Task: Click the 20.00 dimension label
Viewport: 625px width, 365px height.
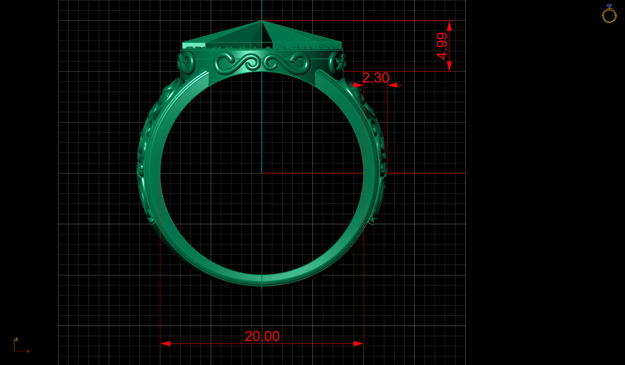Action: (262, 336)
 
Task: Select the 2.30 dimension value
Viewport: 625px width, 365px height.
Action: (375, 78)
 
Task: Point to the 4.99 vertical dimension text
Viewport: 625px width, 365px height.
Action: (442, 46)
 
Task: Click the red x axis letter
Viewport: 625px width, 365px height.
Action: (28, 351)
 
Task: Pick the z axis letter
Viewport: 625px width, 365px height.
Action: (16, 339)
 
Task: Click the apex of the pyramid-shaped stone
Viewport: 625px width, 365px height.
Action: (262, 21)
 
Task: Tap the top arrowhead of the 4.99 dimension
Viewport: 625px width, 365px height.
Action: (449, 26)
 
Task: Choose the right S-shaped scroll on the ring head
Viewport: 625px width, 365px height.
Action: (287, 62)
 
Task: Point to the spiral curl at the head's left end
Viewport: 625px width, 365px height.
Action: (186, 62)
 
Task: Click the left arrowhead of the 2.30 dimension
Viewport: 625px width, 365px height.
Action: (358, 85)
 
